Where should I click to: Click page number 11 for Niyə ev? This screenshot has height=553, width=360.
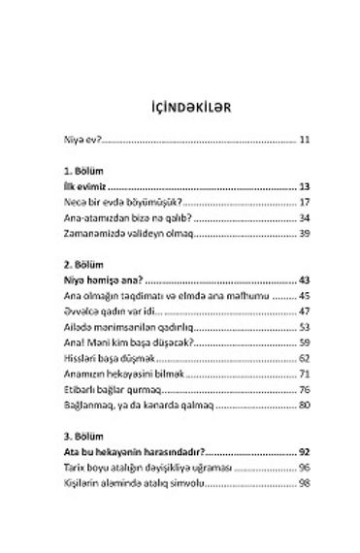304,140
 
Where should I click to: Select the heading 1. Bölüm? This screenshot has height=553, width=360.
69,170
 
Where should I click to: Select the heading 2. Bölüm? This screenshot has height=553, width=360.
69,264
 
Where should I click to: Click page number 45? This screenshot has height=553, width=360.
303,295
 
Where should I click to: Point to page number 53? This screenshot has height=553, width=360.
303,327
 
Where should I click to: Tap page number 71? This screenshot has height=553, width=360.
303,374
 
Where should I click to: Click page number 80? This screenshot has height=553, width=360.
303,406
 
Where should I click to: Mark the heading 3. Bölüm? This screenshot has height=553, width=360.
69,436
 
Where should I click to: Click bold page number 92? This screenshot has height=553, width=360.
303,451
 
